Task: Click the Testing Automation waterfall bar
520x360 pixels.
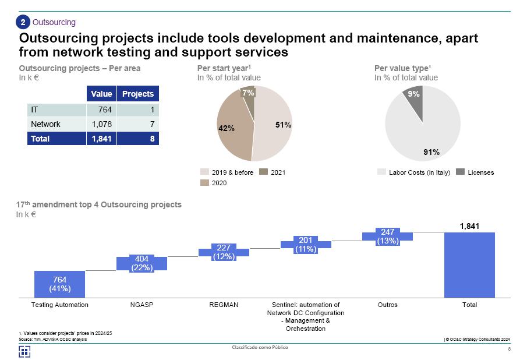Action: [x=59, y=284]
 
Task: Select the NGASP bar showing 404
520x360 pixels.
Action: [x=142, y=263]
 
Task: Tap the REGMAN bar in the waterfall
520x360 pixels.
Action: [x=224, y=252]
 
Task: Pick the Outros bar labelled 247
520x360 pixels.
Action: [x=387, y=236]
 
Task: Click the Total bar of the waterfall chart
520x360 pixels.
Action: [x=469, y=265]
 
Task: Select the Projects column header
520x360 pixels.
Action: [x=138, y=94]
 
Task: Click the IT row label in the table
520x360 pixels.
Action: [x=35, y=109]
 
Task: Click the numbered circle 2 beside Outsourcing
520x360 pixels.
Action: [x=23, y=23]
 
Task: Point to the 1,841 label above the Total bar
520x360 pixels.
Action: [x=469, y=226]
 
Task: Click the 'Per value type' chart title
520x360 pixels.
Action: [x=402, y=68]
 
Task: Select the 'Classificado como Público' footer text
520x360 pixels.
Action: [x=260, y=347]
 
